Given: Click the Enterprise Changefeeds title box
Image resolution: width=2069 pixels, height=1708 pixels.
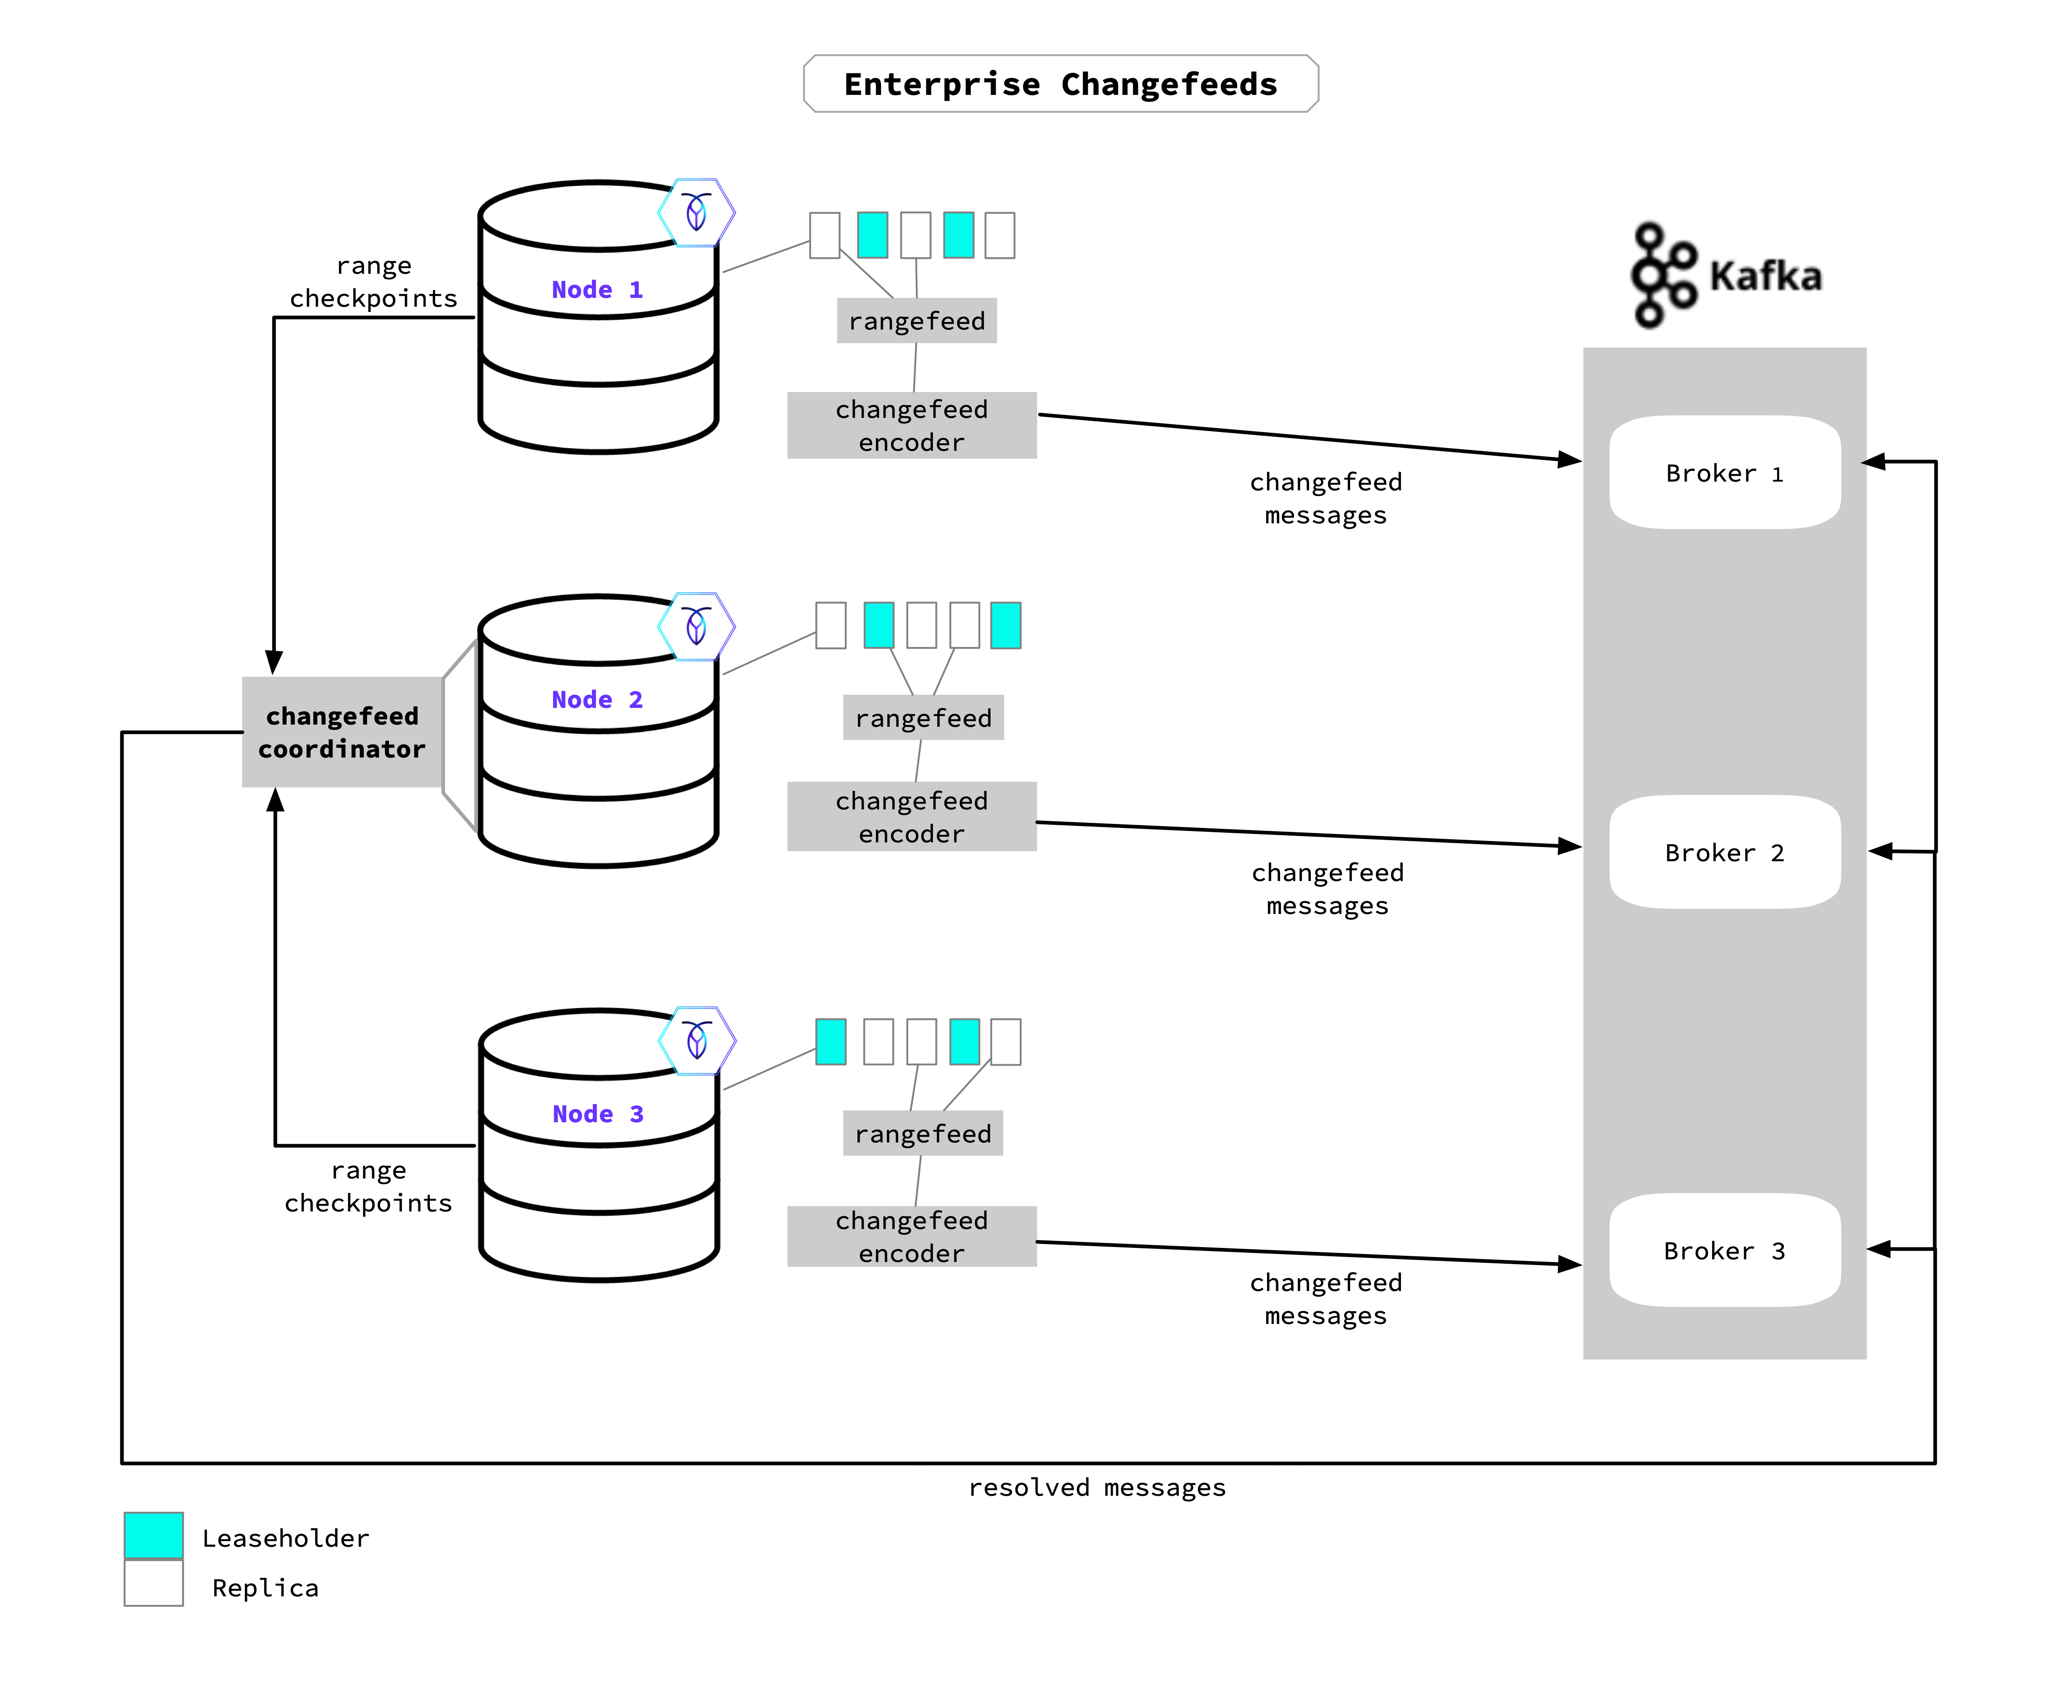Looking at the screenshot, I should click(x=1060, y=83).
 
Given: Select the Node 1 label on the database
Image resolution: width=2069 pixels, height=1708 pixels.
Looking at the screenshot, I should click(x=596, y=289).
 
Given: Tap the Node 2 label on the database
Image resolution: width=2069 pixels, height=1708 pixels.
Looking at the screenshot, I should click(x=596, y=700).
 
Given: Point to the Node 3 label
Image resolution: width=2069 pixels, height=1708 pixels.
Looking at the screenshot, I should click(x=597, y=1114).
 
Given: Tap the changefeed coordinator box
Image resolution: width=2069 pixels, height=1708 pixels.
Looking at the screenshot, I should click(x=341, y=732).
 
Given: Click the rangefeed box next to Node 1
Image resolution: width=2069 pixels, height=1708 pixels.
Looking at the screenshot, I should click(x=916, y=321).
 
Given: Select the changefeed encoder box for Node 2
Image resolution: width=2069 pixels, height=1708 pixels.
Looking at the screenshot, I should click(x=911, y=816).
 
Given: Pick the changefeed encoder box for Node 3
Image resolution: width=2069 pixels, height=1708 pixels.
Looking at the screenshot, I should click(x=911, y=1237).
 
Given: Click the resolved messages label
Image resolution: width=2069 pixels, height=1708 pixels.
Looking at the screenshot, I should click(x=1097, y=1487).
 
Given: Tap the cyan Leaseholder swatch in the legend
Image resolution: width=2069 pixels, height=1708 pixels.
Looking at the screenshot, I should click(x=153, y=1536).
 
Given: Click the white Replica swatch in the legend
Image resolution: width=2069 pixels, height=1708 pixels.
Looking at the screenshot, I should click(x=153, y=1583).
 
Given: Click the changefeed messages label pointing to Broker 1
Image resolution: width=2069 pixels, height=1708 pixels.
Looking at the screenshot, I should click(x=1325, y=498).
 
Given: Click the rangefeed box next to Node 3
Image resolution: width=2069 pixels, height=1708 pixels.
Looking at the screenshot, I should click(x=923, y=1133).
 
